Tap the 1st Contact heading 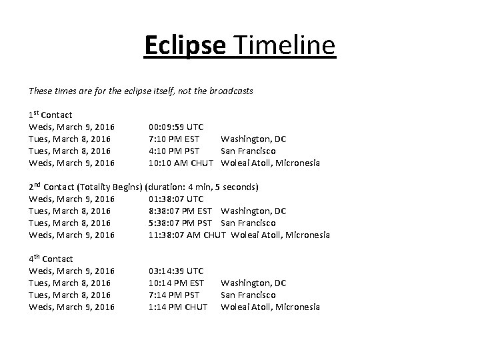click(x=51, y=115)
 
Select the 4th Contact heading click(x=51, y=259)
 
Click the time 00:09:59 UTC click(x=176, y=127)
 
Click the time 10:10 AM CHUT click(x=181, y=163)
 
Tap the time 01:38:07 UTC click(x=176, y=199)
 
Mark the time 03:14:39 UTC click(x=176, y=271)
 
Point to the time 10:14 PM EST click(x=176, y=283)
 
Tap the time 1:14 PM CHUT click(x=178, y=307)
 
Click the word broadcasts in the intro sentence click(x=231, y=91)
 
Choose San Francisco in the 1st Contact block click(x=248, y=151)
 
